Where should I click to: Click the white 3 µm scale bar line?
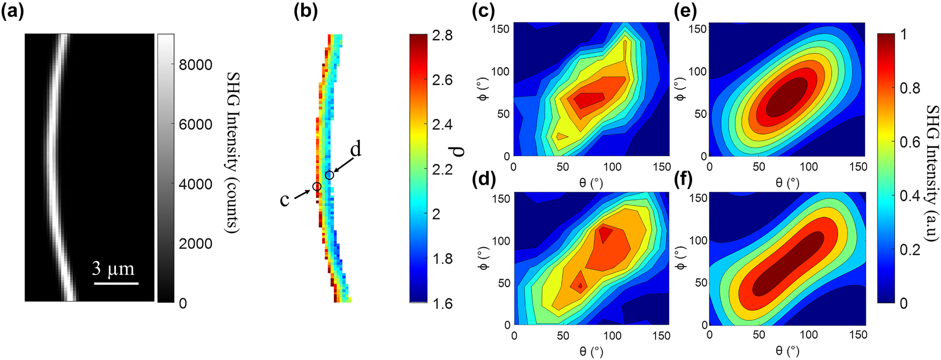116,284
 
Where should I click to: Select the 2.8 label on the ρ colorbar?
442,35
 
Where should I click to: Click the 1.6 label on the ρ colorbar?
442,303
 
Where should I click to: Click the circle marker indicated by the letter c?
317,187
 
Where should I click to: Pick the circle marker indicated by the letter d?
330,175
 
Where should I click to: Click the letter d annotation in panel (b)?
355,149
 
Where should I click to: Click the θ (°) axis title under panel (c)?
591,182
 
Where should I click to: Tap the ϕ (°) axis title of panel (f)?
680,259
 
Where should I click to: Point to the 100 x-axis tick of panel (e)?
809,166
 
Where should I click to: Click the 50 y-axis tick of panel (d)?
504,283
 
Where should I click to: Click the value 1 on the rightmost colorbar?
903,34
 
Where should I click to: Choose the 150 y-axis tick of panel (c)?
501,29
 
